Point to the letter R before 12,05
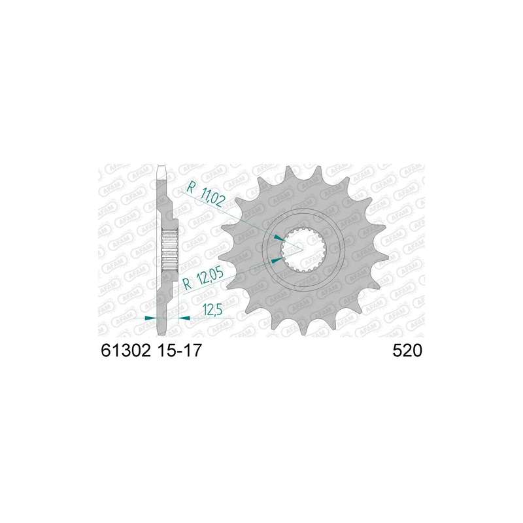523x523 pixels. (188, 284)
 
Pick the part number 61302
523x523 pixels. (126, 350)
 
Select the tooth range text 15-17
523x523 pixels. (178, 350)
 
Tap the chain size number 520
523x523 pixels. (407, 350)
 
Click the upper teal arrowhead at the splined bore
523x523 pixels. (279, 238)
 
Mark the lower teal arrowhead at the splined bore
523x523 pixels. (277, 260)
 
